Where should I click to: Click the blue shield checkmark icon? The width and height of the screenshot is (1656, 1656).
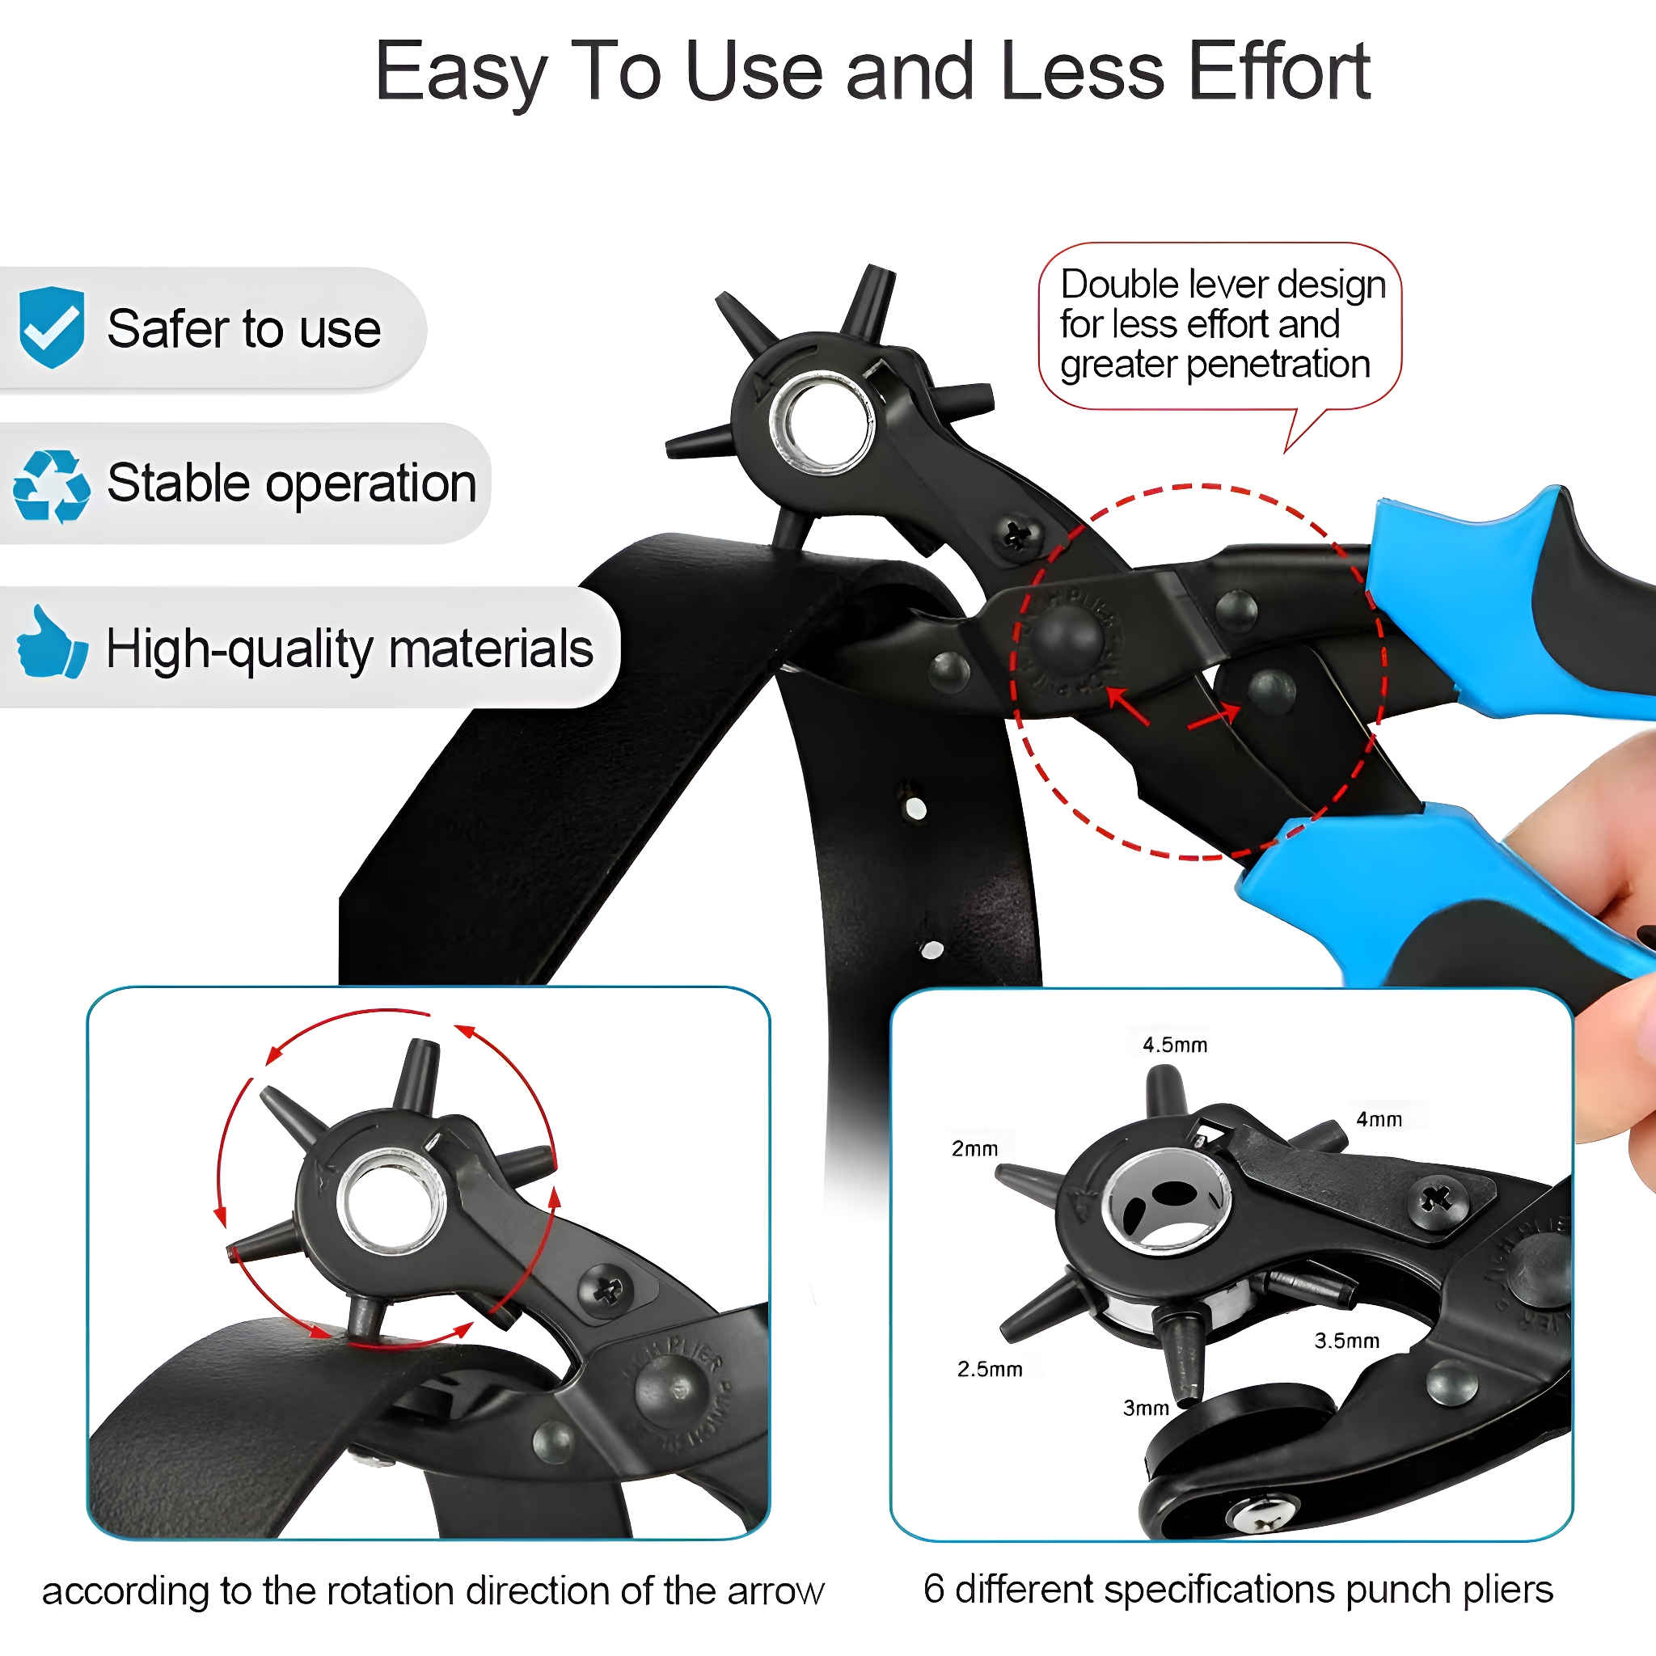click(x=52, y=327)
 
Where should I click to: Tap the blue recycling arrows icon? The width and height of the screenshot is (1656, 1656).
click(x=52, y=486)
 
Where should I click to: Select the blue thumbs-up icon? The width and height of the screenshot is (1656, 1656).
click(x=52, y=642)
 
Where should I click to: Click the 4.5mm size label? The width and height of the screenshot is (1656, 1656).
click(x=1174, y=1045)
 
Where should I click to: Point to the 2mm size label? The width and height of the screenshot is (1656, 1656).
click(x=974, y=1148)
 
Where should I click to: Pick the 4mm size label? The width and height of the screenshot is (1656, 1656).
click(x=1379, y=1119)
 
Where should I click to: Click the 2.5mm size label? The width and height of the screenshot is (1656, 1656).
click(x=990, y=1369)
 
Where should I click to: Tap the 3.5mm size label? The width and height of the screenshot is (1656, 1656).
click(x=1346, y=1341)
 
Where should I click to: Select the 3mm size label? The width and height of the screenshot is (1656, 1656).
click(x=1146, y=1408)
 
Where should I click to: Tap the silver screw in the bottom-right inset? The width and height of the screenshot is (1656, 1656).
click(x=1261, y=1516)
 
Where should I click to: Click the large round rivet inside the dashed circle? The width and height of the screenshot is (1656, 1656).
click(x=1067, y=637)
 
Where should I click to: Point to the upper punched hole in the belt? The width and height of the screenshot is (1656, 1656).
click(x=915, y=809)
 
